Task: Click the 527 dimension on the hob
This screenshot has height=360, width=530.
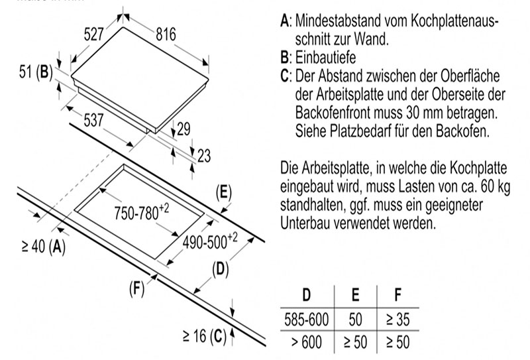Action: point(93,34)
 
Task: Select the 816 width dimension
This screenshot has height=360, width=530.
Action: point(166,34)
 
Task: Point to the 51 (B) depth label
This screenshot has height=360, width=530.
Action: point(36,72)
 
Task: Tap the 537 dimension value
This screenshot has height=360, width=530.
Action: point(93,120)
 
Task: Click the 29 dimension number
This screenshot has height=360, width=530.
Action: point(184,129)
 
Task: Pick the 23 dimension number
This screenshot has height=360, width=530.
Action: point(204,156)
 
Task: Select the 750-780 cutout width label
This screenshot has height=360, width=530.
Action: point(142,212)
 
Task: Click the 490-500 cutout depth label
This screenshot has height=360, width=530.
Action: point(210,241)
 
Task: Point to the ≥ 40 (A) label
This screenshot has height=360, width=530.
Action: point(44,246)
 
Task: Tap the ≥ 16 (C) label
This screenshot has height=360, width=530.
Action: point(205,336)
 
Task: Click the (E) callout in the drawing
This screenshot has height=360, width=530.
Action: point(224,193)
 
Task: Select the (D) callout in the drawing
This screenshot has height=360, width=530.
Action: point(221,270)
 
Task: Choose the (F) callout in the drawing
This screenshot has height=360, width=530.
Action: point(137,289)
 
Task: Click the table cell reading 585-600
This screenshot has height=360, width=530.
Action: point(306,320)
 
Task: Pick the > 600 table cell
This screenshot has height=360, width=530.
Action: point(306,341)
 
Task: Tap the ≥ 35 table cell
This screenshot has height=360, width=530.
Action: point(398,320)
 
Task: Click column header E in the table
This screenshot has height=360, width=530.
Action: point(355,295)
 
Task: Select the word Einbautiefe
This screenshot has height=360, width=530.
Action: point(325,57)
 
